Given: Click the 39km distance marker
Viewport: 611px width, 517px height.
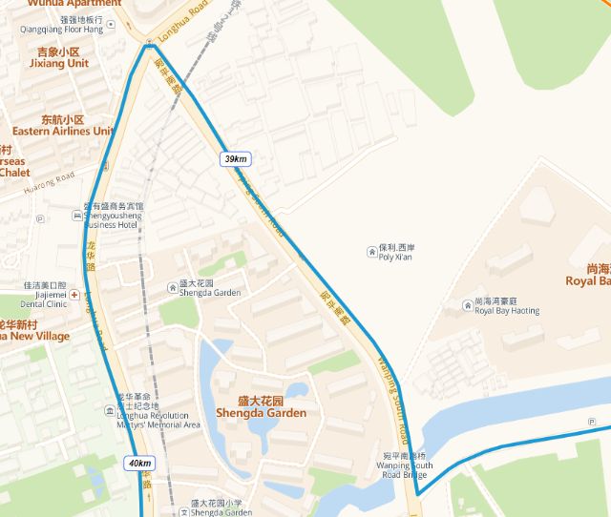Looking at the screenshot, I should [235, 158].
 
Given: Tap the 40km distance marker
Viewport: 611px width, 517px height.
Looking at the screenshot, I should [139, 464].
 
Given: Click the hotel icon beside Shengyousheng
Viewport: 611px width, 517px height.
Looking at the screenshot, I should [76, 216].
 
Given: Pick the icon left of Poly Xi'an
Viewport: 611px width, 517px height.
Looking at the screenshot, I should [370, 252].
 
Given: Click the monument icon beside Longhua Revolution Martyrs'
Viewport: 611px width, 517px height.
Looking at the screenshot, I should [108, 411].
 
